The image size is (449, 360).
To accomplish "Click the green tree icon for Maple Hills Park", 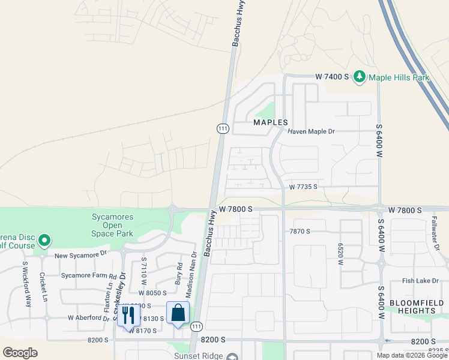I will (360, 77).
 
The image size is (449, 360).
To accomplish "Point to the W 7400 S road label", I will (333, 77).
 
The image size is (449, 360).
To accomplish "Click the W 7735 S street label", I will (303, 187).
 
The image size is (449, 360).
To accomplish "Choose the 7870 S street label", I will (300, 231).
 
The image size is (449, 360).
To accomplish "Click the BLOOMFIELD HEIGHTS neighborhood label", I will (412, 307).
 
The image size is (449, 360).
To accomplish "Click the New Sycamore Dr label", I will (80, 255).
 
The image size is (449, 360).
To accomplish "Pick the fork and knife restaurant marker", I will (128, 316).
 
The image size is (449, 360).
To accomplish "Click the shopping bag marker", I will (178, 313).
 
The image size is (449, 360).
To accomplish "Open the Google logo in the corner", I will (20, 353).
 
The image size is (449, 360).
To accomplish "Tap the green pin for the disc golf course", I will (44, 241).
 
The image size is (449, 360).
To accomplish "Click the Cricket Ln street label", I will (43, 287).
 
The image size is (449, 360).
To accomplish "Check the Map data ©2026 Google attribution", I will (412, 355).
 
